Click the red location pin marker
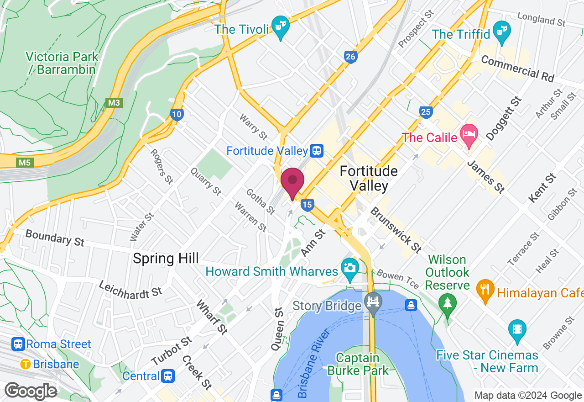[x=292, y=182]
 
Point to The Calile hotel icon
[x=469, y=135]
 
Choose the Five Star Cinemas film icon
[x=517, y=329]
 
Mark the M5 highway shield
[x=25, y=162]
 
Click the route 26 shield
[x=350, y=57]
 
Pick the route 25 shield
[x=426, y=112]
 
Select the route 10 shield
[x=177, y=114]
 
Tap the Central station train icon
[x=168, y=376]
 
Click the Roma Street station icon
[x=18, y=344]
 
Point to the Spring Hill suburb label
[x=166, y=259]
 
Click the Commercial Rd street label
[x=517, y=69]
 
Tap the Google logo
[x=31, y=391]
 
